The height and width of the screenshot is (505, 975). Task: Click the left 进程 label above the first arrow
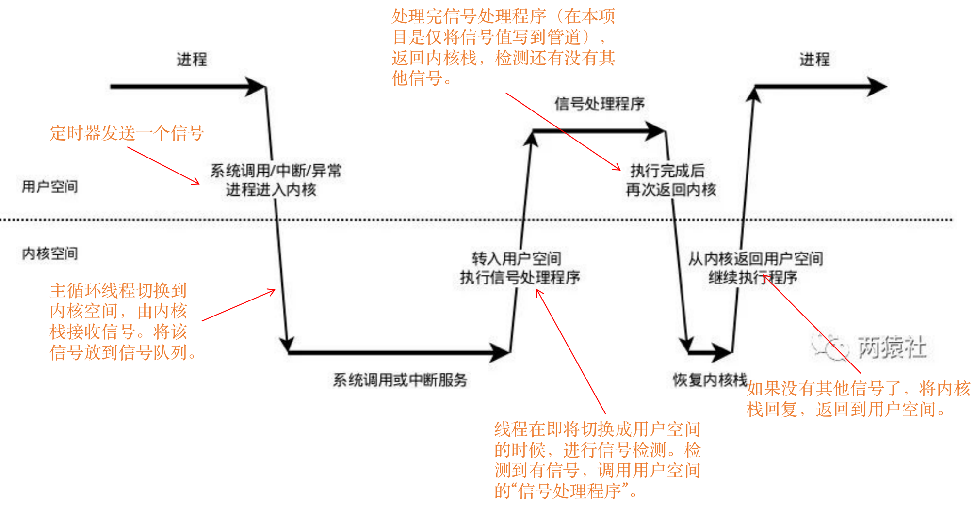pos(192,60)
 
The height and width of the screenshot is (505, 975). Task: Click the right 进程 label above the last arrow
pos(814,60)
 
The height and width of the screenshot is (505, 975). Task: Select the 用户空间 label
pos(49,187)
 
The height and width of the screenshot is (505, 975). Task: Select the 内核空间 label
pos(49,253)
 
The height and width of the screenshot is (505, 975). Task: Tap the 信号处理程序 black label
pos(600,104)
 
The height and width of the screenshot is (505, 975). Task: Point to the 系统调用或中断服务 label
pos(400,380)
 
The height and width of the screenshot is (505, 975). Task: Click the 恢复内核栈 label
pos(710,380)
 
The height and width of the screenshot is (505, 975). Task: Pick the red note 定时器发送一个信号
pos(127,133)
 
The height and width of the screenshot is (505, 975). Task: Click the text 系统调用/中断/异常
pos(276,171)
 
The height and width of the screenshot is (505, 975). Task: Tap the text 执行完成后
pos(667,171)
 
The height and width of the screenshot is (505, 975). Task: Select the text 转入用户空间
pos(517,258)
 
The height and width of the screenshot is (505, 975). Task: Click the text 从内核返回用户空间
pos(755,258)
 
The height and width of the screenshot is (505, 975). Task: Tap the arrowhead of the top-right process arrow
pos(877,87)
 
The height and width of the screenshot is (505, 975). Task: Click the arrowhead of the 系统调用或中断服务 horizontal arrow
pos(500,352)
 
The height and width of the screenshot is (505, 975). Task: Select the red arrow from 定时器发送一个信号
pos(163,166)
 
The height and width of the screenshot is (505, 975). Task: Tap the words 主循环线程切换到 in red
pos(118,291)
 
